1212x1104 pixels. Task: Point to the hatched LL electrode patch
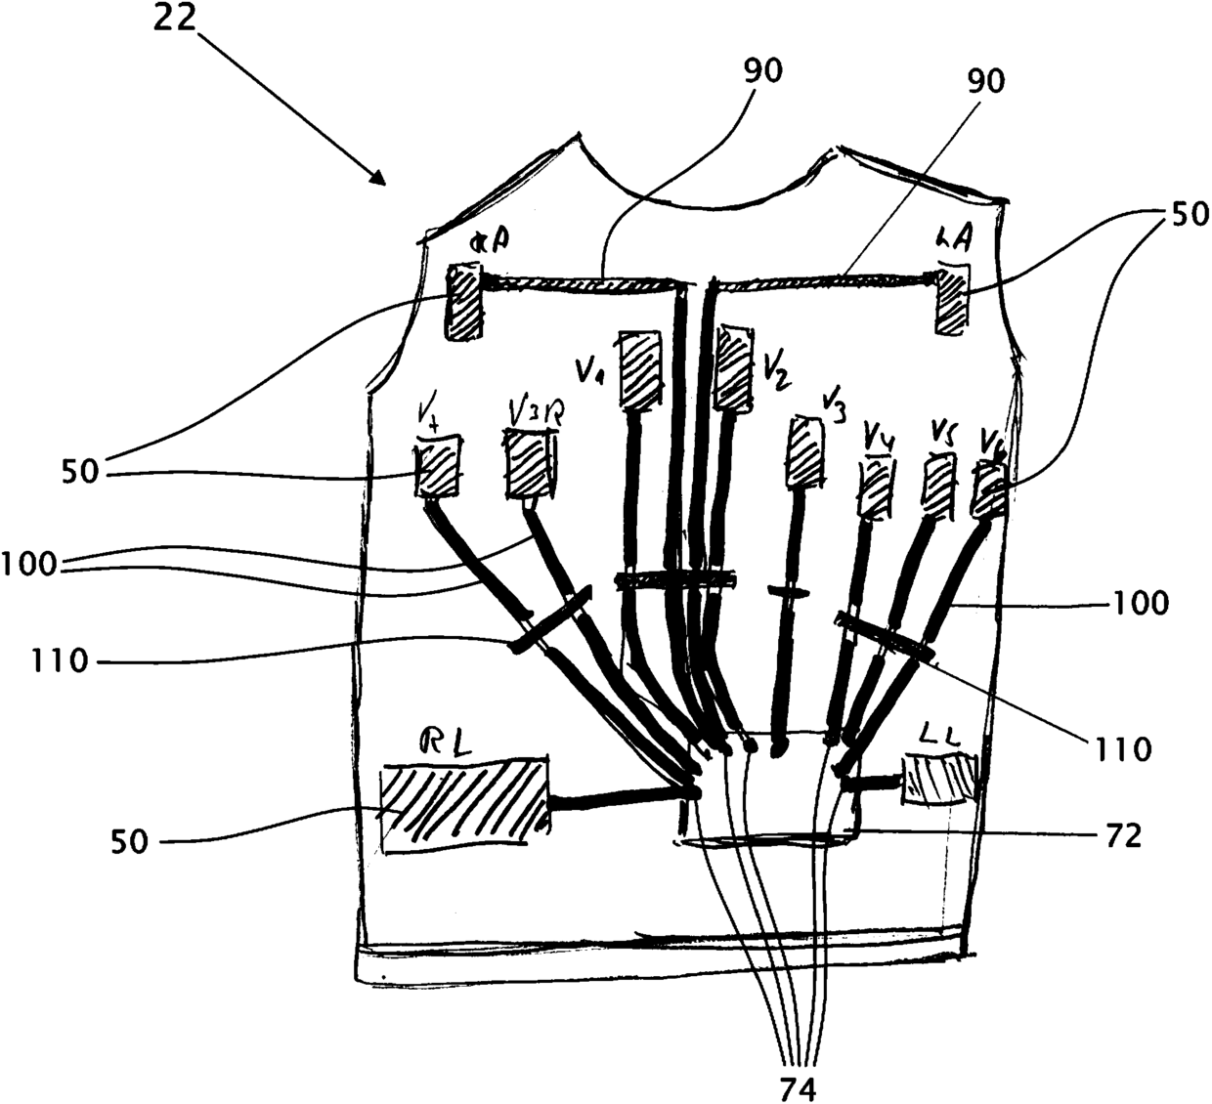937,780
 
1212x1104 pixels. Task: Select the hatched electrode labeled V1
640,372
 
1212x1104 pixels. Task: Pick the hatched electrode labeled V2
733,368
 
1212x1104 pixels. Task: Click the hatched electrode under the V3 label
805,451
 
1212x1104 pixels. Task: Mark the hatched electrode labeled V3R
528,466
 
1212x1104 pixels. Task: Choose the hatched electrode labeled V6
988,491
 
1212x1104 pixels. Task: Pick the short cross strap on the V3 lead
788,591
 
